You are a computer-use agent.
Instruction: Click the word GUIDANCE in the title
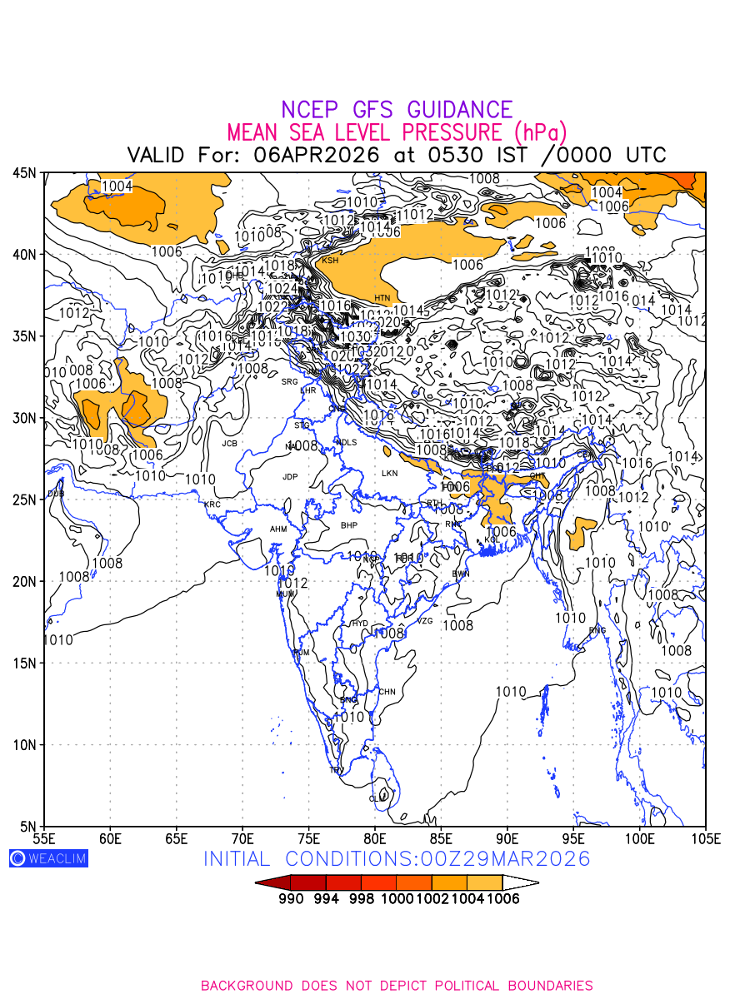pyautogui.click(x=459, y=110)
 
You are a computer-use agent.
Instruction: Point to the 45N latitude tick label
pyautogui.click(x=24, y=172)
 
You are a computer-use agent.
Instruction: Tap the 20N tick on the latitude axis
pyautogui.click(x=24, y=581)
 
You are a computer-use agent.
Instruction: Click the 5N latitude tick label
pyautogui.click(x=27, y=826)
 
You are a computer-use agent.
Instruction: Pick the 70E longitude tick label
pyautogui.click(x=242, y=837)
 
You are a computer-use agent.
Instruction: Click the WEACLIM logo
pyautogui.click(x=48, y=858)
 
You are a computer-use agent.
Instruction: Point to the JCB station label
pyautogui.click(x=229, y=444)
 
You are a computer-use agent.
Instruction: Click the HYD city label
pyautogui.click(x=360, y=624)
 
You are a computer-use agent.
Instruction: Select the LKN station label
pyautogui.click(x=389, y=473)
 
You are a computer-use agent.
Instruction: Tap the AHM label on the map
pyautogui.click(x=278, y=529)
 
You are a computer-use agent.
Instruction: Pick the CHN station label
pyautogui.click(x=387, y=692)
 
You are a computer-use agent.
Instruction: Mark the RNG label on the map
pyautogui.click(x=597, y=630)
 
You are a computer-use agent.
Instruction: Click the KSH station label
pyautogui.click(x=331, y=261)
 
